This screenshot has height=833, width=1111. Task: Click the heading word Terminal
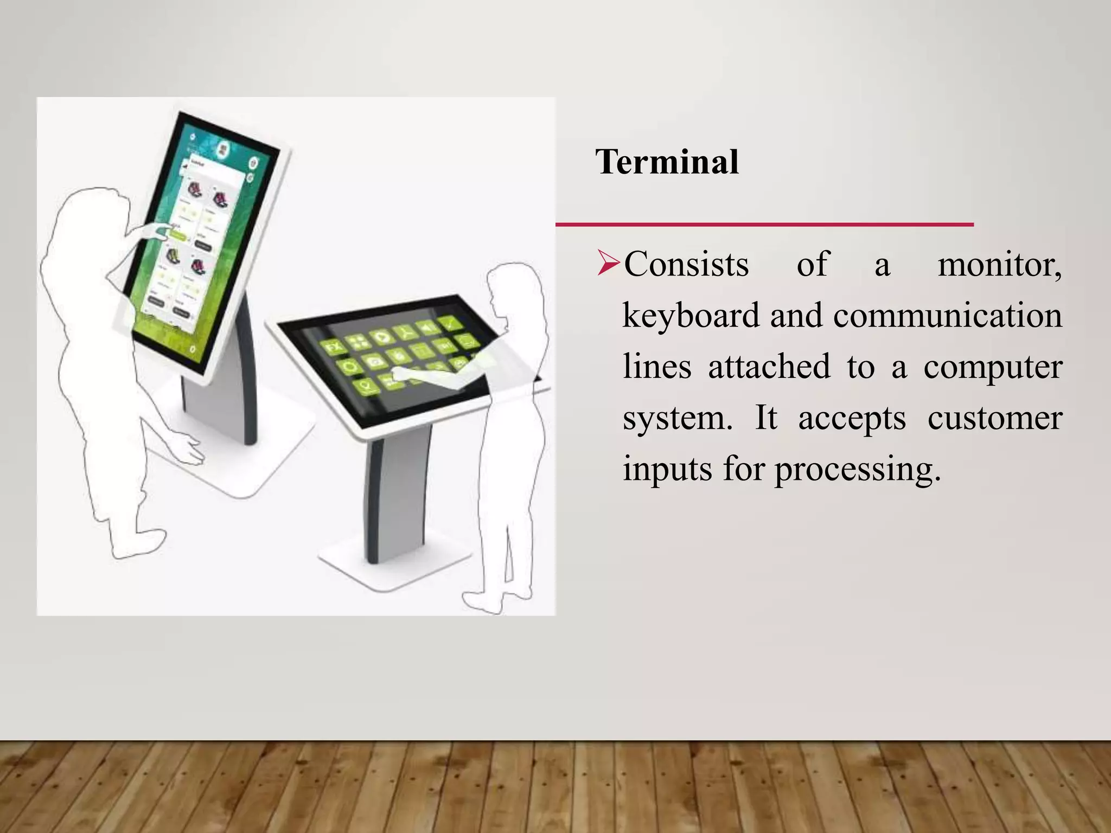click(x=667, y=162)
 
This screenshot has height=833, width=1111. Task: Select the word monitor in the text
click(x=999, y=265)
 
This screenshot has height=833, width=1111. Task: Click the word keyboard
click(x=691, y=316)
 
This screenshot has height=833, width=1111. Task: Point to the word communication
click(x=947, y=316)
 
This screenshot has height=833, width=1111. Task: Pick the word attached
click(x=769, y=367)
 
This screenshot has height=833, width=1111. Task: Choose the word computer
click(x=993, y=368)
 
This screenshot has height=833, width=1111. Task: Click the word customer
click(x=994, y=418)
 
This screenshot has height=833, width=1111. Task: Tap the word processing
click(x=857, y=470)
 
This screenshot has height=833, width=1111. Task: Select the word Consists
click(x=686, y=265)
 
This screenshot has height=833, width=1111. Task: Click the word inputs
click(x=667, y=470)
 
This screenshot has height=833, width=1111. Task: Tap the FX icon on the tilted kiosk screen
click(x=332, y=347)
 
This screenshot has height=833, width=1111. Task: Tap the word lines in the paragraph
click(x=657, y=367)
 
